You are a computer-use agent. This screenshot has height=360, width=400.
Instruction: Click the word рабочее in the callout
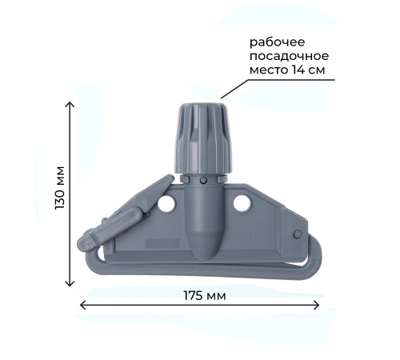point(277,42)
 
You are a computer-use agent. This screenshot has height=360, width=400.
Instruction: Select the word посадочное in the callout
point(289,56)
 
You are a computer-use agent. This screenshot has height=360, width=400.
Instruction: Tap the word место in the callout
point(269,70)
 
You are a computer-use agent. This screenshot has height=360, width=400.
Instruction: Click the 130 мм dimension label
point(60,188)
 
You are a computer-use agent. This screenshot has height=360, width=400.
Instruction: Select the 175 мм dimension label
point(205,295)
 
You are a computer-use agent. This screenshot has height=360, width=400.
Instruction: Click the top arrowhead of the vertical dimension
point(70,104)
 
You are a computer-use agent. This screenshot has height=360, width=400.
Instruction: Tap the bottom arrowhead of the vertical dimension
point(70,283)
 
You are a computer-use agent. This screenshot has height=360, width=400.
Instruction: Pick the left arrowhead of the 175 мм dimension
point(82,305)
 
